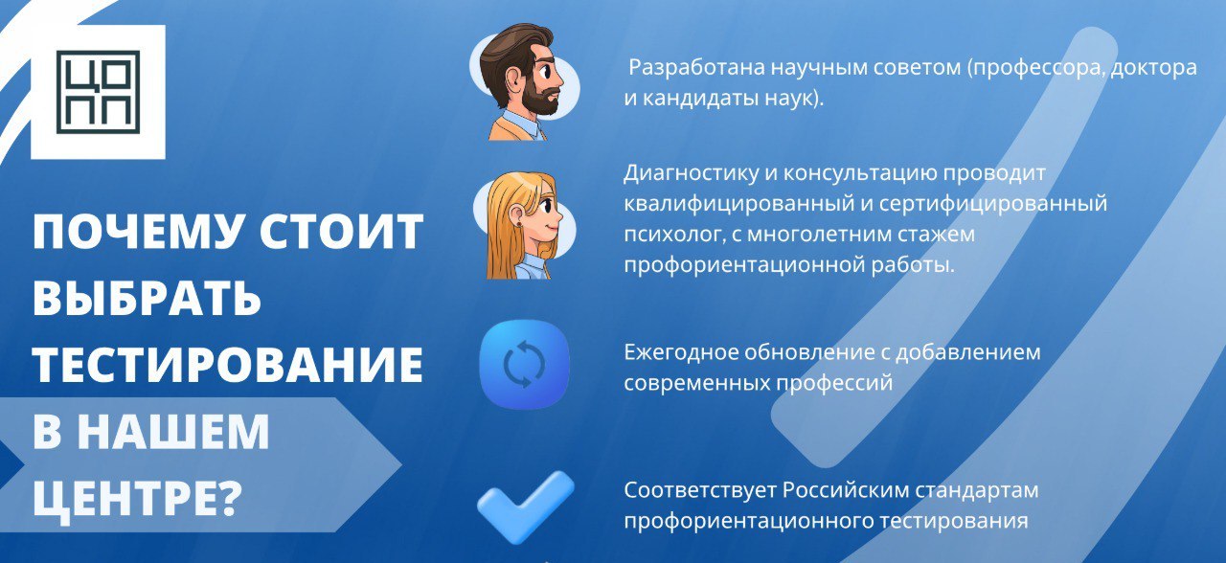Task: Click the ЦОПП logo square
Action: pos(98,92)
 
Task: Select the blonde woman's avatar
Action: pos(523,225)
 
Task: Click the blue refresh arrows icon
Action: pos(524,365)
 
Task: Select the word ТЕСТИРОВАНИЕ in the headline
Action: pos(228,364)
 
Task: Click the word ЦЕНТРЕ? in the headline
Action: pos(137,499)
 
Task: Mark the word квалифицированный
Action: pos(738,205)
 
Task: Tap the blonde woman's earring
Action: pos(518,223)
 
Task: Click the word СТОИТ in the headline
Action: pos(341,232)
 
